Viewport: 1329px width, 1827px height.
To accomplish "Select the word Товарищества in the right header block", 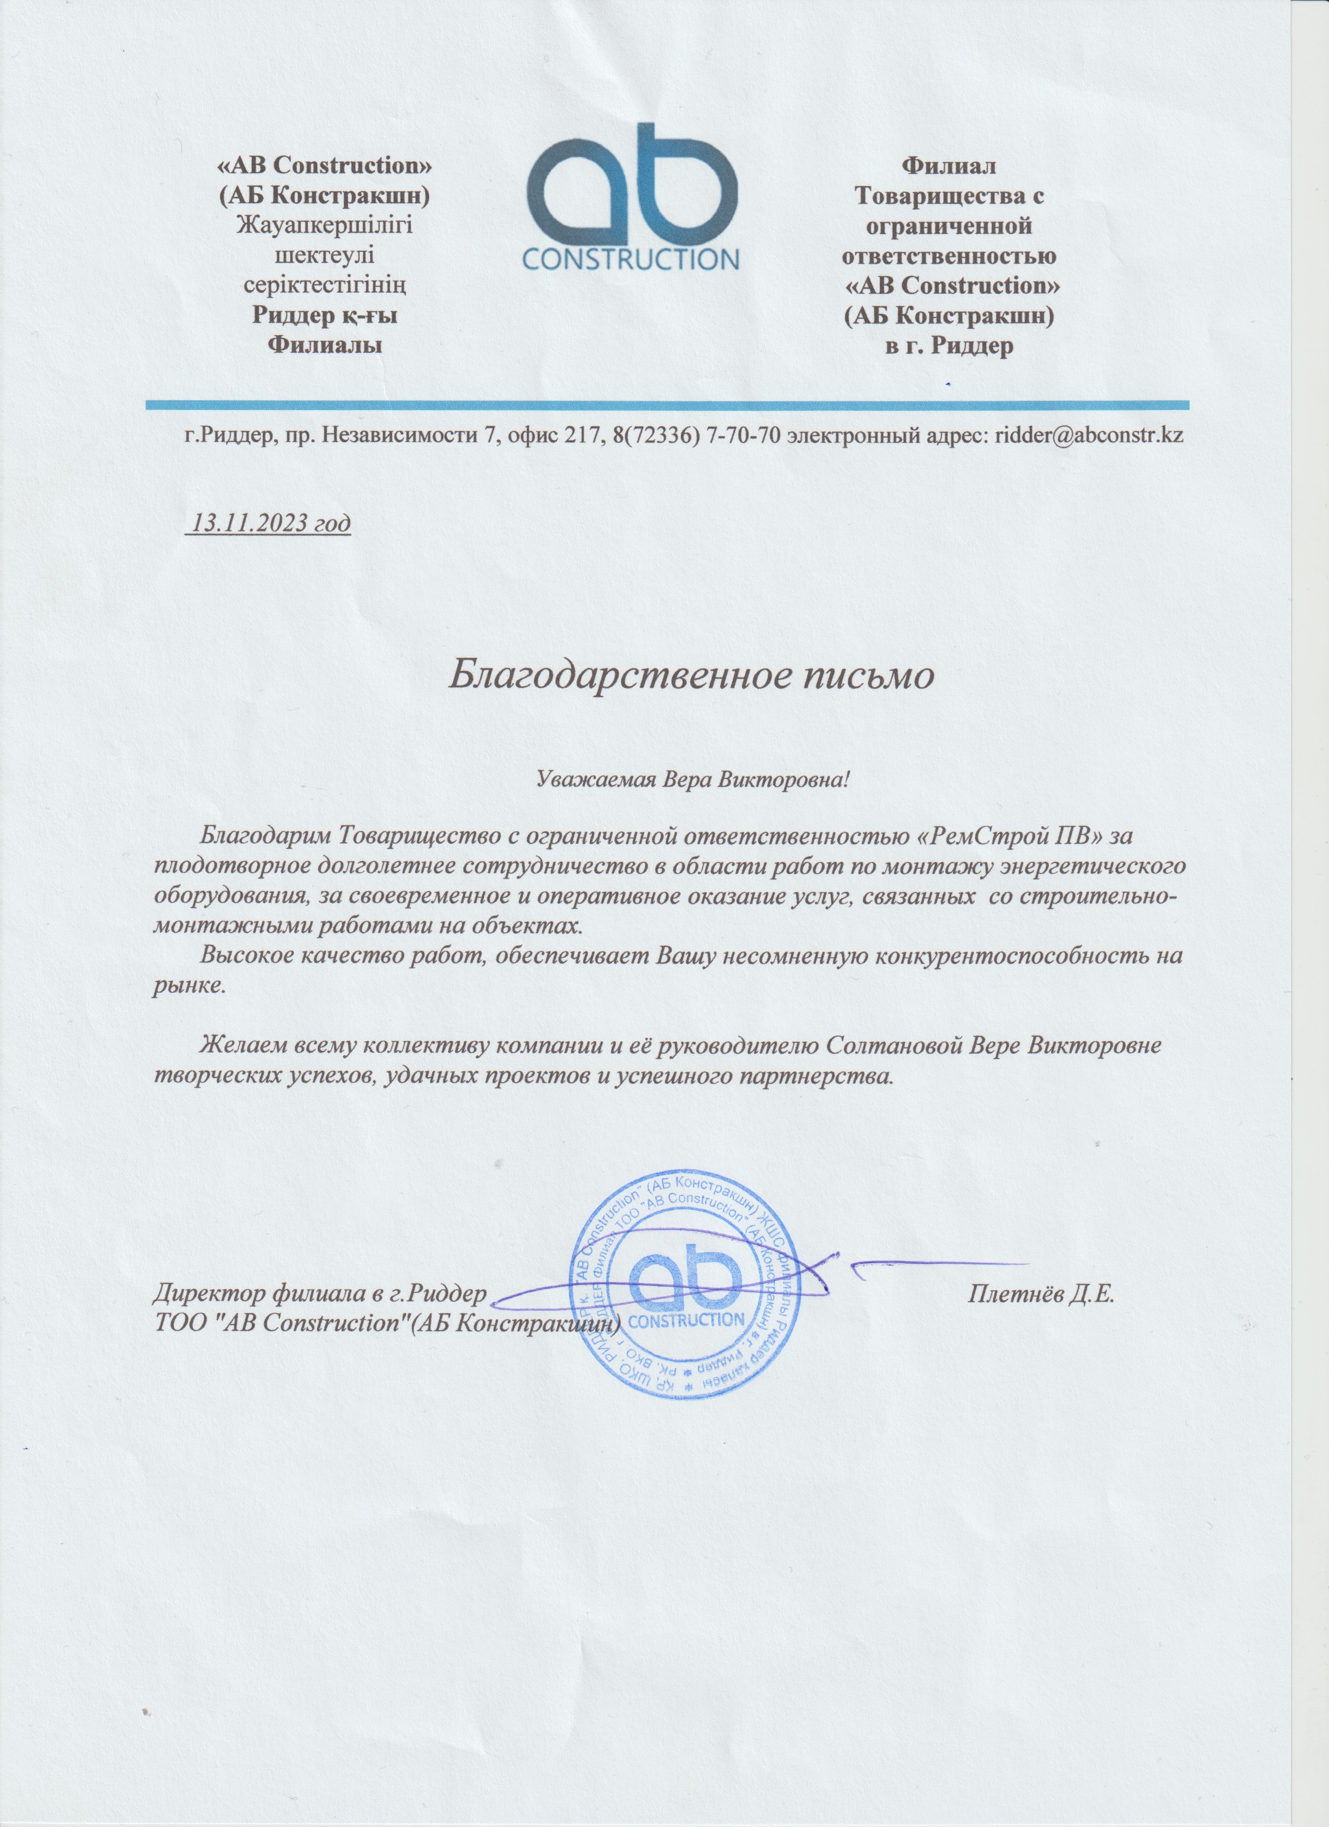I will [949, 196].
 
